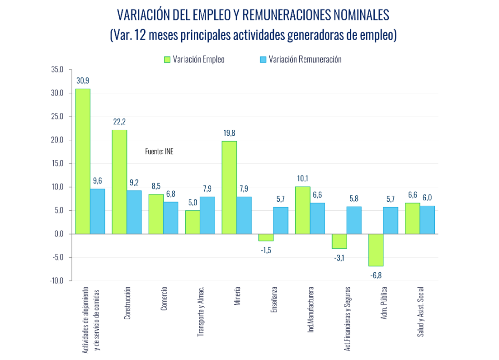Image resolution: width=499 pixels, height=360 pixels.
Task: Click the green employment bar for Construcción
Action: [119, 182]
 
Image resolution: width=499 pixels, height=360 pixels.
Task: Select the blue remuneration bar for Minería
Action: [244, 215]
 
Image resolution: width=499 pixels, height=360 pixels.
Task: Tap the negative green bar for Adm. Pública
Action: [376, 250]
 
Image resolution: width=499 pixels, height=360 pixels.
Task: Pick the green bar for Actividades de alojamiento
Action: [83, 161]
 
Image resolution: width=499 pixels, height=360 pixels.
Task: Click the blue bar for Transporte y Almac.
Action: [207, 215]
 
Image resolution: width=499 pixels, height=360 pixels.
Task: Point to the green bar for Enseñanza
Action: [266, 237]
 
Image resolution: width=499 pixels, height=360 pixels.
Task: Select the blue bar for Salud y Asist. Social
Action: [427, 220]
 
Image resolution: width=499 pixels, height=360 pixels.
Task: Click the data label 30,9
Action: [83, 81]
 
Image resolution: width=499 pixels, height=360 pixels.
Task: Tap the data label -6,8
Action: [376, 274]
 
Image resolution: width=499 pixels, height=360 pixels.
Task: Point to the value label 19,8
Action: [229, 133]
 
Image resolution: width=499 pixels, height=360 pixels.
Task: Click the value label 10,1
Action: [302, 178]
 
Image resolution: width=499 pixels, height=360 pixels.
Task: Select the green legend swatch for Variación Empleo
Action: [167, 59]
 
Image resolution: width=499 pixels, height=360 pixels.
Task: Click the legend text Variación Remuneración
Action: [305, 59]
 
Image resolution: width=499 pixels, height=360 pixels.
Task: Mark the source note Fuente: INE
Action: [159, 152]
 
